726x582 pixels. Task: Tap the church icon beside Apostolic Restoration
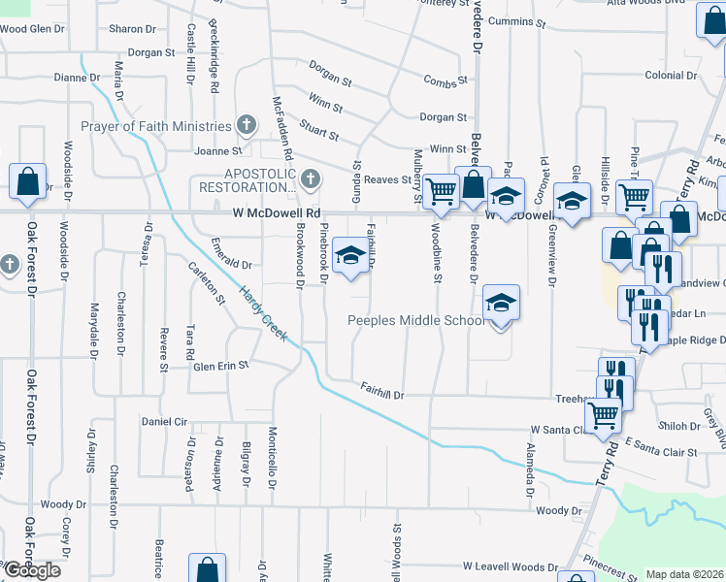tap(310, 178)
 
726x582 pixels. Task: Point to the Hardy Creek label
tap(263, 315)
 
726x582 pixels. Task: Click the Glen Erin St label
tap(221, 366)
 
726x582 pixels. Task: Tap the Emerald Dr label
tap(231, 264)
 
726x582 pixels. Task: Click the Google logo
tap(32, 570)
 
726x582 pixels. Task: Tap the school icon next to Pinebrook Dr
tap(350, 257)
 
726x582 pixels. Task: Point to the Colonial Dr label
tap(671, 76)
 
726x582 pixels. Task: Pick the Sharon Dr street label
tap(126, 29)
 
